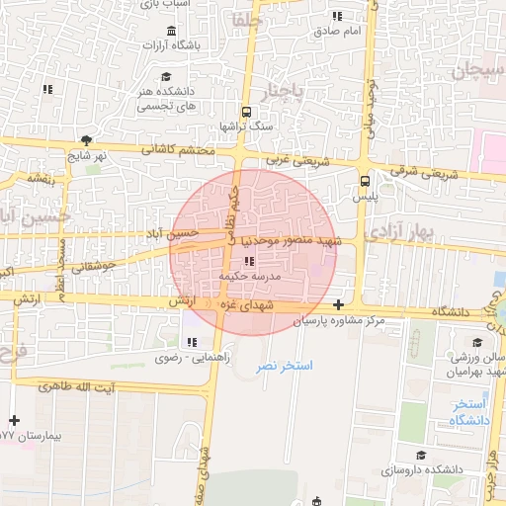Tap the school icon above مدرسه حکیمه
point(248,262)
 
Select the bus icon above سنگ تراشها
point(245,111)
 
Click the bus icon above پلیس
point(365,181)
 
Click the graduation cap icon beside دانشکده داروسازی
point(421,456)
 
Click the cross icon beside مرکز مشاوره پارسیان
point(340,305)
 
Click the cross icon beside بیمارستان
point(14,421)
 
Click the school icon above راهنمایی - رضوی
point(193,342)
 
